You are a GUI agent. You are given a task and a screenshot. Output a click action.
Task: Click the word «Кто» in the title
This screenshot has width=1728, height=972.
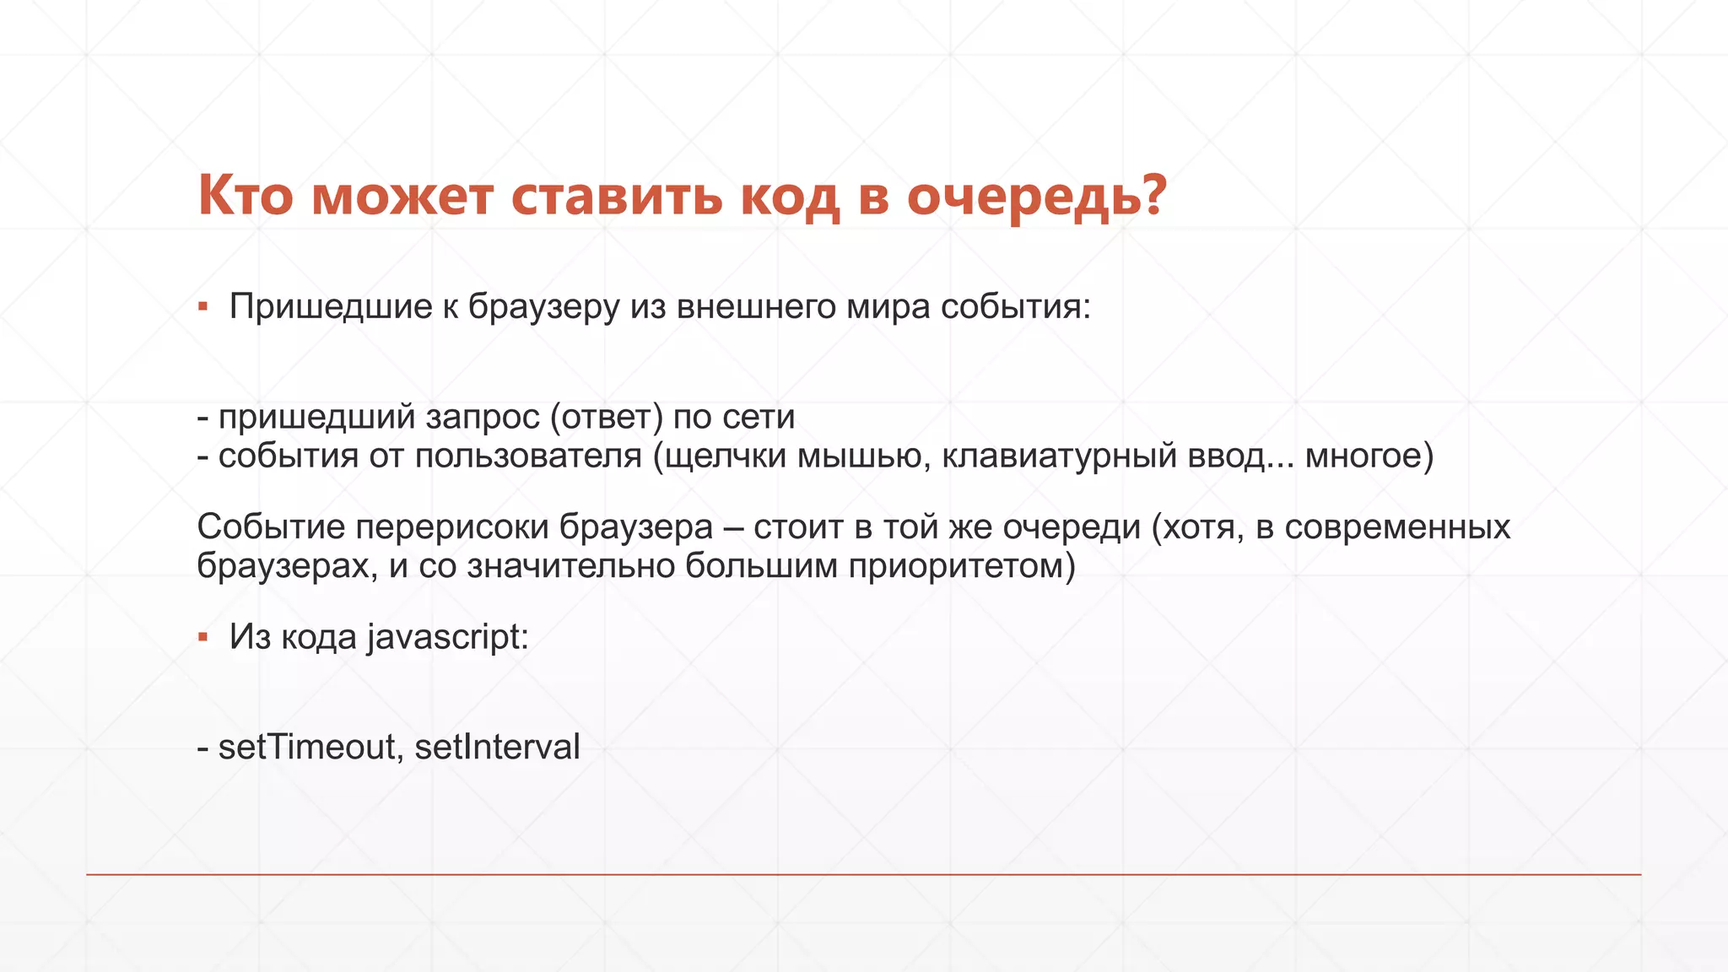(246, 196)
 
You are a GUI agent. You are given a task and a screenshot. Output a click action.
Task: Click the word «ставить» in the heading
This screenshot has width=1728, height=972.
(617, 196)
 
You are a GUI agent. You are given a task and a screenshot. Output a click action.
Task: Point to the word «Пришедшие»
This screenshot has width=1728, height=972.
(331, 306)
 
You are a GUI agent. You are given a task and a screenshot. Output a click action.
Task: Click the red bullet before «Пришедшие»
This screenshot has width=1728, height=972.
(202, 306)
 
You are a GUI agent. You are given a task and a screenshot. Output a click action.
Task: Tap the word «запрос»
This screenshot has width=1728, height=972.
(483, 417)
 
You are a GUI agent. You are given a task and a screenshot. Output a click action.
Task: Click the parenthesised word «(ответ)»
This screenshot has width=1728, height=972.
(607, 417)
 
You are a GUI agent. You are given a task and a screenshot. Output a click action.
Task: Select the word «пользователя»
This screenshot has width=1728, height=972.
(528, 456)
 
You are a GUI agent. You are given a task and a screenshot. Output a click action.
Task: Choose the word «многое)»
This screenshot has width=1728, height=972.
(1369, 456)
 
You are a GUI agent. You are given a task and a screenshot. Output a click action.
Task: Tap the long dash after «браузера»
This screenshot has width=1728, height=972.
(733, 527)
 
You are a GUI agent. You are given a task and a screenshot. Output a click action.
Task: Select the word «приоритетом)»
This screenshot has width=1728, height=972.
(962, 566)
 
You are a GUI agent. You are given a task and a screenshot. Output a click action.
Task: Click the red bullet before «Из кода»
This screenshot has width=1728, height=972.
(202, 637)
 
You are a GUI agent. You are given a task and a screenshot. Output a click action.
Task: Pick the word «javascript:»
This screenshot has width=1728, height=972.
(448, 638)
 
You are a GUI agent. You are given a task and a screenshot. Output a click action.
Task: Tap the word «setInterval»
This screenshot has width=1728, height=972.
(498, 747)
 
